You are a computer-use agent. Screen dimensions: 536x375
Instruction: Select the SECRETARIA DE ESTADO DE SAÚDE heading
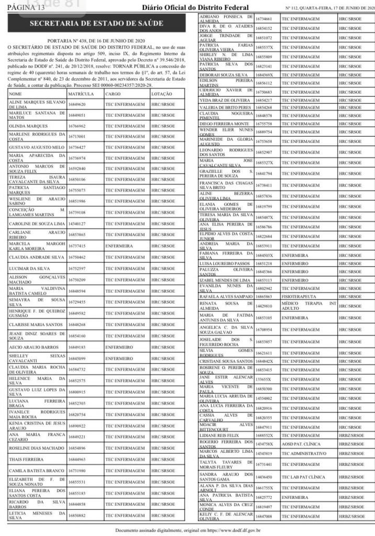click(x=96, y=25)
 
